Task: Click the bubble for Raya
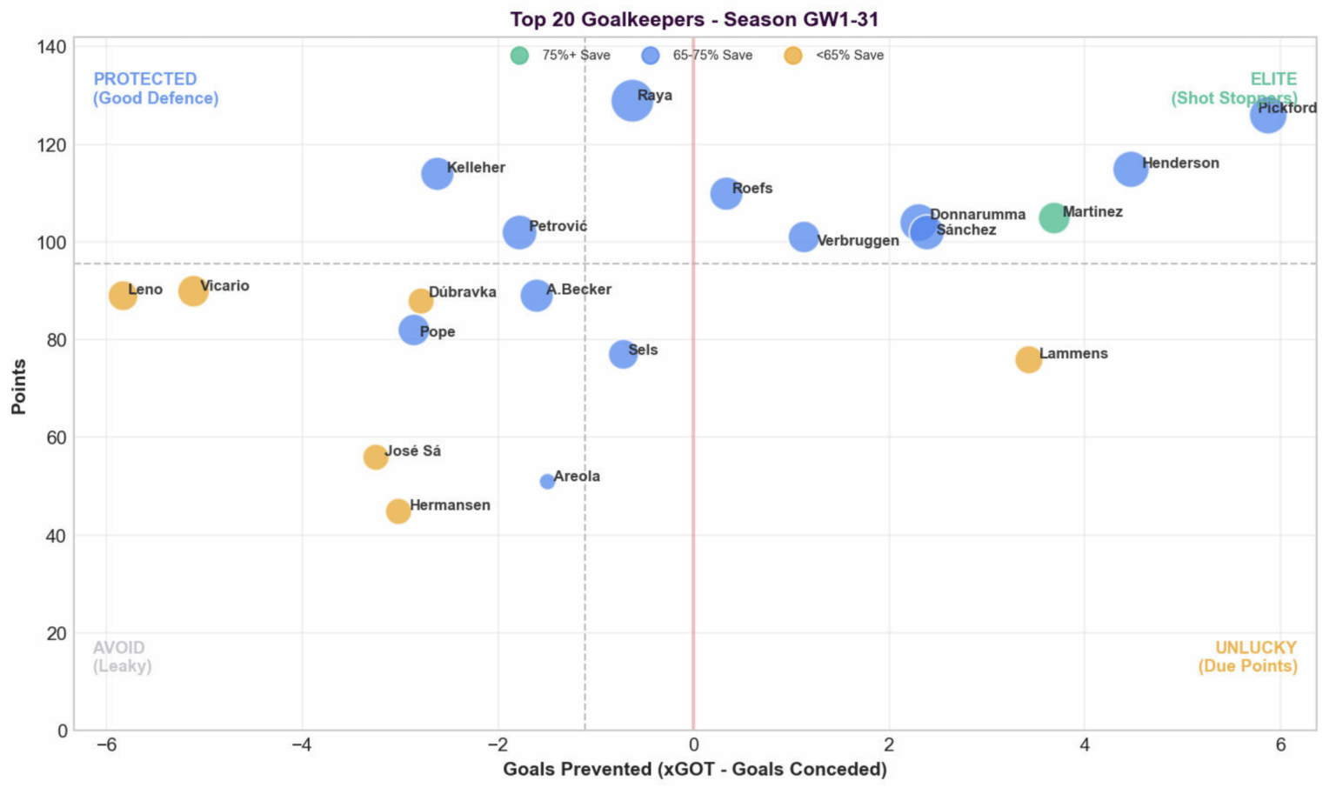coord(631,101)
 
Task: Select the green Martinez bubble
coord(1053,217)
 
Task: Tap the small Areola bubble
coord(547,482)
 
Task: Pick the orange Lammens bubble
coord(1028,359)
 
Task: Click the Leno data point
coord(123,296)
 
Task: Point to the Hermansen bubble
coord(398,511)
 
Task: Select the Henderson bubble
coord(1130,170)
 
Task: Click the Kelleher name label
coord(476,168)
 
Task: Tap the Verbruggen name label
coord(858,241)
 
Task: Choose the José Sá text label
coord(413,451)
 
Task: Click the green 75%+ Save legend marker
coord(519,56)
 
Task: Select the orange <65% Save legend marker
coord(792,56)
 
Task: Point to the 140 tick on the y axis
coord(51,47)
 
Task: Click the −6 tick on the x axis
coord(106,745)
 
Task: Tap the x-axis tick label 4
coord(1085,745)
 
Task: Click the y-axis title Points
coord(18,387)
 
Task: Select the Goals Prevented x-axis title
coord(694,770)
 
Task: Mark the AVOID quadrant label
coord(119,648)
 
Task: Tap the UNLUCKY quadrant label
coord(1255,648)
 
